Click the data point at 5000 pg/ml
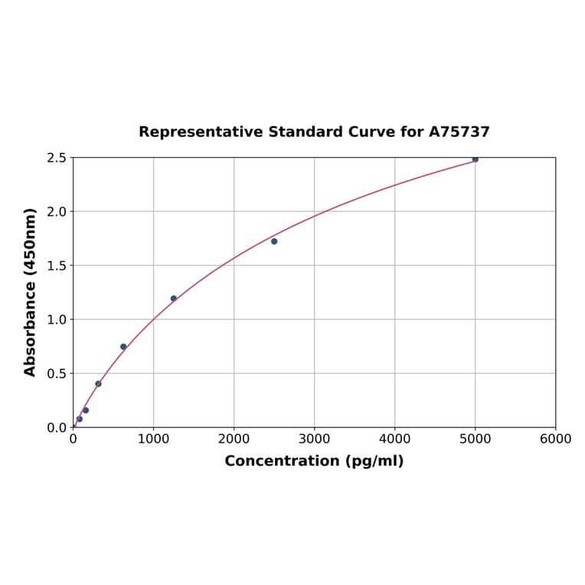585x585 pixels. pos(475,159)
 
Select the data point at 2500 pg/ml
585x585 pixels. pos(274,241)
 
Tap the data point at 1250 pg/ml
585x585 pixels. pos(174,299)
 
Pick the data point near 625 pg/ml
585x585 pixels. pos(123,347)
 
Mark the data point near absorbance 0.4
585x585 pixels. pos(98,384)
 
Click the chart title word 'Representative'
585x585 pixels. pos(201,132)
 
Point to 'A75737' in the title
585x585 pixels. pos(459,132)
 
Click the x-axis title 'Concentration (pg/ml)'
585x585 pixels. pos(314,461)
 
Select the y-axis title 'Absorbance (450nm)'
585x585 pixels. pos(31,292)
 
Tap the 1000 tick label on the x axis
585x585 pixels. pos(153,439)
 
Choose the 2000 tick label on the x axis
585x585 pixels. pos(234,439)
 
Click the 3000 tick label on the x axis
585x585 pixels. pos(314,439)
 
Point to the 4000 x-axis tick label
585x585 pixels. pos(394,439)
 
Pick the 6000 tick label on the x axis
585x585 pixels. pos(555,439)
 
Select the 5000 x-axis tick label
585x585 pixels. pos(475,439)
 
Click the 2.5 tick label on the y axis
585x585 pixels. pos(57,158)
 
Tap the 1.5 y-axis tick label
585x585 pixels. pos(57,266)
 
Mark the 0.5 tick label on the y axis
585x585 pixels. pos(57,374)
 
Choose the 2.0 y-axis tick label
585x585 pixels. pos(57,211)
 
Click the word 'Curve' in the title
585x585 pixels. pos(373,132)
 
